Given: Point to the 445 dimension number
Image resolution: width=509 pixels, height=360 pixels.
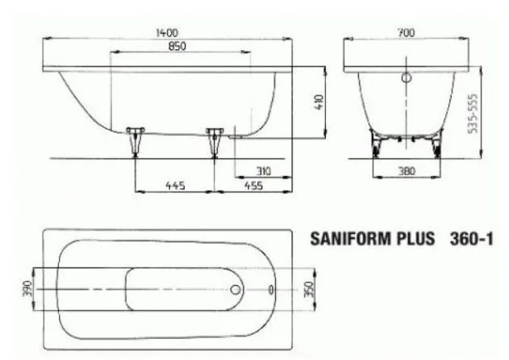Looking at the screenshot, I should [175, 185].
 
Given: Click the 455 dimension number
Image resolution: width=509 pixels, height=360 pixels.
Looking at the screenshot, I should [252, 185].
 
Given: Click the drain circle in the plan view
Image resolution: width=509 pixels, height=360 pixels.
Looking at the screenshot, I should [236, 288].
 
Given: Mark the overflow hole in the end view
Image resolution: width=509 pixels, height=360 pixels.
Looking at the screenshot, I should [406, 79].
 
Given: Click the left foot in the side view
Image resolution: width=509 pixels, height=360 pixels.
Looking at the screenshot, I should [135, 140].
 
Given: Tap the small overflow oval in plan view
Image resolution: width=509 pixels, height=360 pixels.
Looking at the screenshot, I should [270, 288].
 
